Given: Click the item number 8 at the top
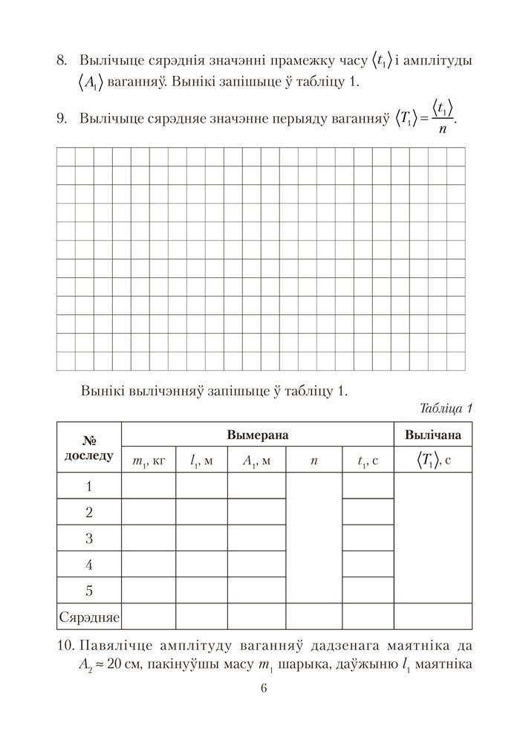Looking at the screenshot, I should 62,59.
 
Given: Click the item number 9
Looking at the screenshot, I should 62,117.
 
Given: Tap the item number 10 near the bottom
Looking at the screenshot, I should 65,643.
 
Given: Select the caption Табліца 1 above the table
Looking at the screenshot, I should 446,408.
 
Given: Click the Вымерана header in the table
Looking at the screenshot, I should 257,435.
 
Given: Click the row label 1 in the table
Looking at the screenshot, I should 89,487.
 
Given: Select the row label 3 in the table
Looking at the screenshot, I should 89,539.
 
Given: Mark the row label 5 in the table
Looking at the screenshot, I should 89,591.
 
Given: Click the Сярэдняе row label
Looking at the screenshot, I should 89,617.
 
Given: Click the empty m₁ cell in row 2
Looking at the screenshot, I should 148,513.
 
